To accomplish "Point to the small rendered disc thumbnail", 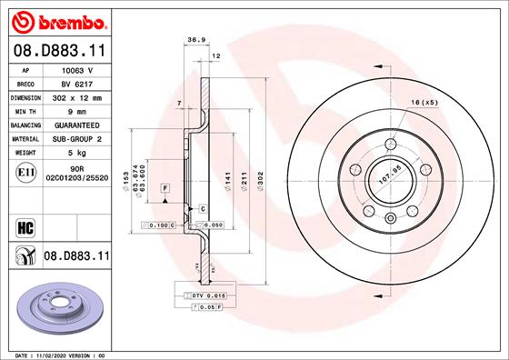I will tap(59, 309).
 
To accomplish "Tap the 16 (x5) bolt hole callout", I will tap(424, 102).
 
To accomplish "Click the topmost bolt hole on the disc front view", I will tap(391, 145).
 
